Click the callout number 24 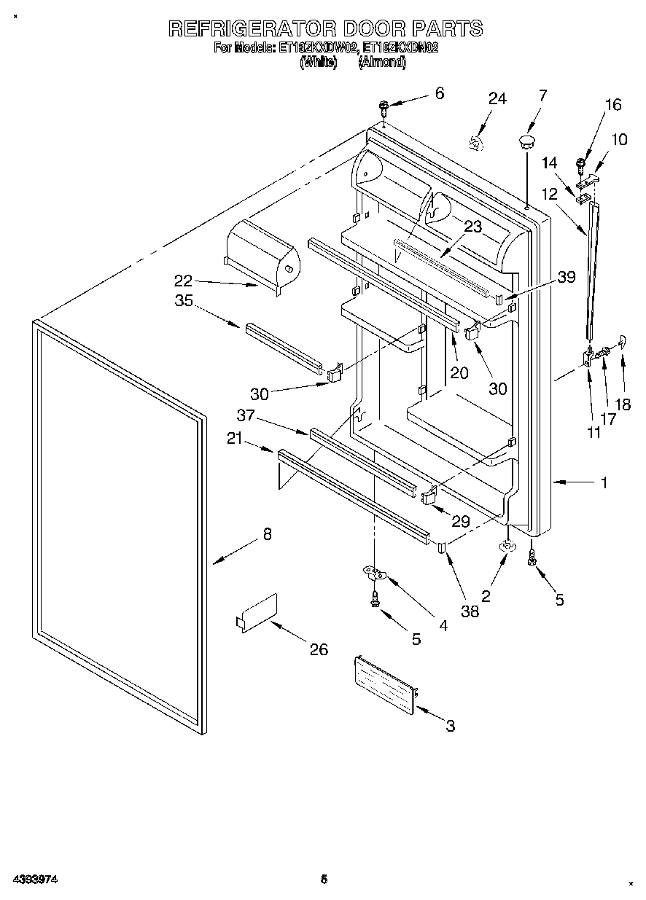coord(497,99)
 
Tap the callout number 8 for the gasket coord(267,534)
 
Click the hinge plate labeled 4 coord(375,575)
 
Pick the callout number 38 coord(470,611)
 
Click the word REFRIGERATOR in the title coord(252,28)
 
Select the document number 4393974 coord(34,880)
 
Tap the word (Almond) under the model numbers coord(381,63)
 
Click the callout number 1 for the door coord(604,482)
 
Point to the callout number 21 coord(235,438)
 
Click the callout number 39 coord(566,276)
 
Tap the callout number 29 coord(460,522)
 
